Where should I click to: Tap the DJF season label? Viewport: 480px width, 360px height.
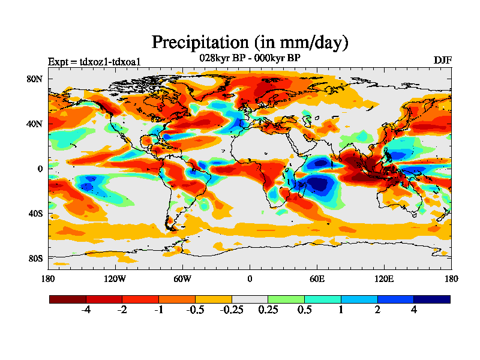(x=442, y=61)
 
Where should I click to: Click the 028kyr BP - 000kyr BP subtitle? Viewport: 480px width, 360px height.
(x=250, y=58)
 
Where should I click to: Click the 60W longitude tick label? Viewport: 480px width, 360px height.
(x=182, y=278)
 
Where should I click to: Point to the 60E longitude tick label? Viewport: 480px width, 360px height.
(x=317, y=278)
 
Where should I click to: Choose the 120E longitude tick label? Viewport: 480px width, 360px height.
(x=384, y=278)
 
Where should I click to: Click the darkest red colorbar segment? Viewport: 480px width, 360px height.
(x=68, y=299)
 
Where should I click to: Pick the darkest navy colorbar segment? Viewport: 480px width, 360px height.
(x=431, y=299)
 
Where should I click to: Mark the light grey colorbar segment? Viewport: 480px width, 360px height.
(x=250, y=299)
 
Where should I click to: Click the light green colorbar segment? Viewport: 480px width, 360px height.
(x=286, y=299)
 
